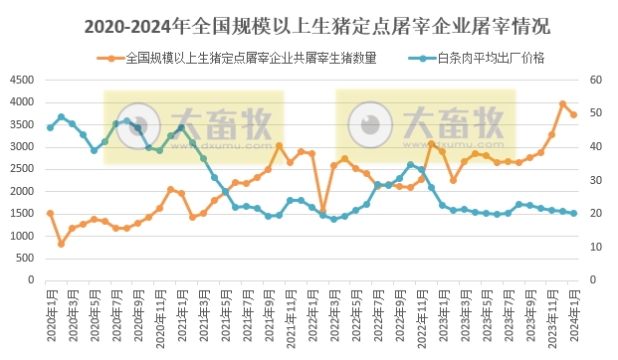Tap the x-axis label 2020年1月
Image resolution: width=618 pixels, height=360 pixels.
point(50,312)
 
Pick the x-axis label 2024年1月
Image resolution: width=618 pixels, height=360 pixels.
point(573,312)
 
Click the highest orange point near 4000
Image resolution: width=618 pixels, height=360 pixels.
point(562,103)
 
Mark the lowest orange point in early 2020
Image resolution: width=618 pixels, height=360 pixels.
point(61,244)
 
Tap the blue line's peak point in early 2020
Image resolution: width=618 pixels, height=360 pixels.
point(61,116)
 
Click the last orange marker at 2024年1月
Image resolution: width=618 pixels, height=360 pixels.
point(573,114)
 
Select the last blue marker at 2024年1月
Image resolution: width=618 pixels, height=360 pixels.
point(573,213)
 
